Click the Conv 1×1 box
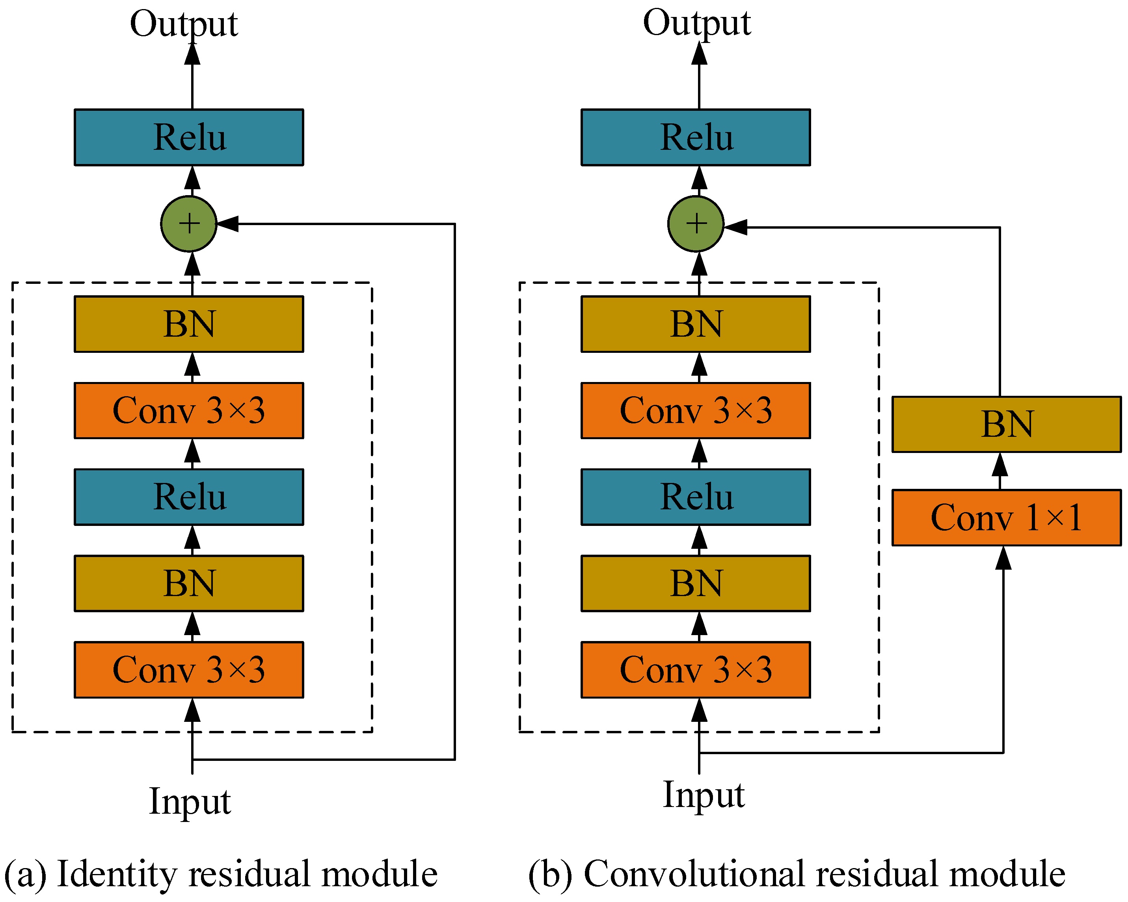(1006, 518)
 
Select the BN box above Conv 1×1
(1006, 424)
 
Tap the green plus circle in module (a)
(189, 224)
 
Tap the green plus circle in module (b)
(696, 224)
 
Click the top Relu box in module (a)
(189, 138)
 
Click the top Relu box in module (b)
(696, 138)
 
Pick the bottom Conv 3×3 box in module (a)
(189, 670)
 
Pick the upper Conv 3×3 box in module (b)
(696, 411)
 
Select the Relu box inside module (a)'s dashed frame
(189, 497)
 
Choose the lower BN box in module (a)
(189, 583)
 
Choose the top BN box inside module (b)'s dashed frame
(696, 324)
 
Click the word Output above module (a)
(184, 24)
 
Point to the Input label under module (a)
(190, 801)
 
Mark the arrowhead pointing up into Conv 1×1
(1003, 558)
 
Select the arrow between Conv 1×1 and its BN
(1000, 470)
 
